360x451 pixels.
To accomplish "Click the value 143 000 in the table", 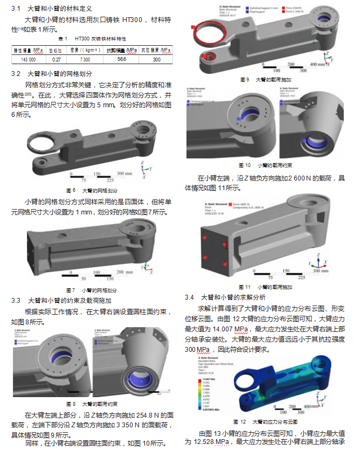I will pyautogui.click(x=28, y=59).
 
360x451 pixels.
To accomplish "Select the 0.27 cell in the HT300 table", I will pyautogui.click(x=56, y=59).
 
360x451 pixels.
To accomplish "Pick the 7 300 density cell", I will pyautogui.click(x=85, y=59).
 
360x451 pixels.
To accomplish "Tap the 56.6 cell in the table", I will pyautogui.click(x=121, y=59).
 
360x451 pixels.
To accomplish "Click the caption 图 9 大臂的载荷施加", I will pyautogui.click(x=265, y=80).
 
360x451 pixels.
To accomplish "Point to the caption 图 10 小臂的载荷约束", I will pyautogui.click(x=265, y=165).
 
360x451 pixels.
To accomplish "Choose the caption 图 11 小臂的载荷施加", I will pyautogui.click(x=265, y=287).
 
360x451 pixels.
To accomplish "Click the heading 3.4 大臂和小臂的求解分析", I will pyautogui.click(x=232, y=297).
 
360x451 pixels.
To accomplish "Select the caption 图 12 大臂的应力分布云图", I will pyautogui.click(x=265, y=421).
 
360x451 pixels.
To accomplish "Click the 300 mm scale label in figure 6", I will pyautogui.click(x=124, y=174).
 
